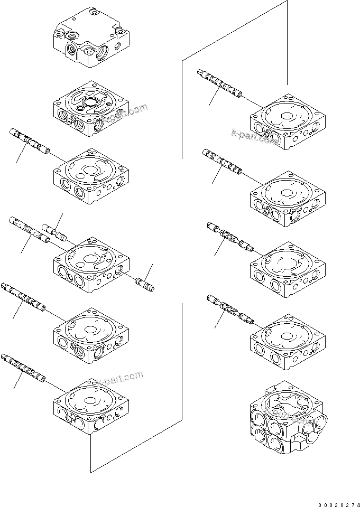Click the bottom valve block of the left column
(x=91, y=404)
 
